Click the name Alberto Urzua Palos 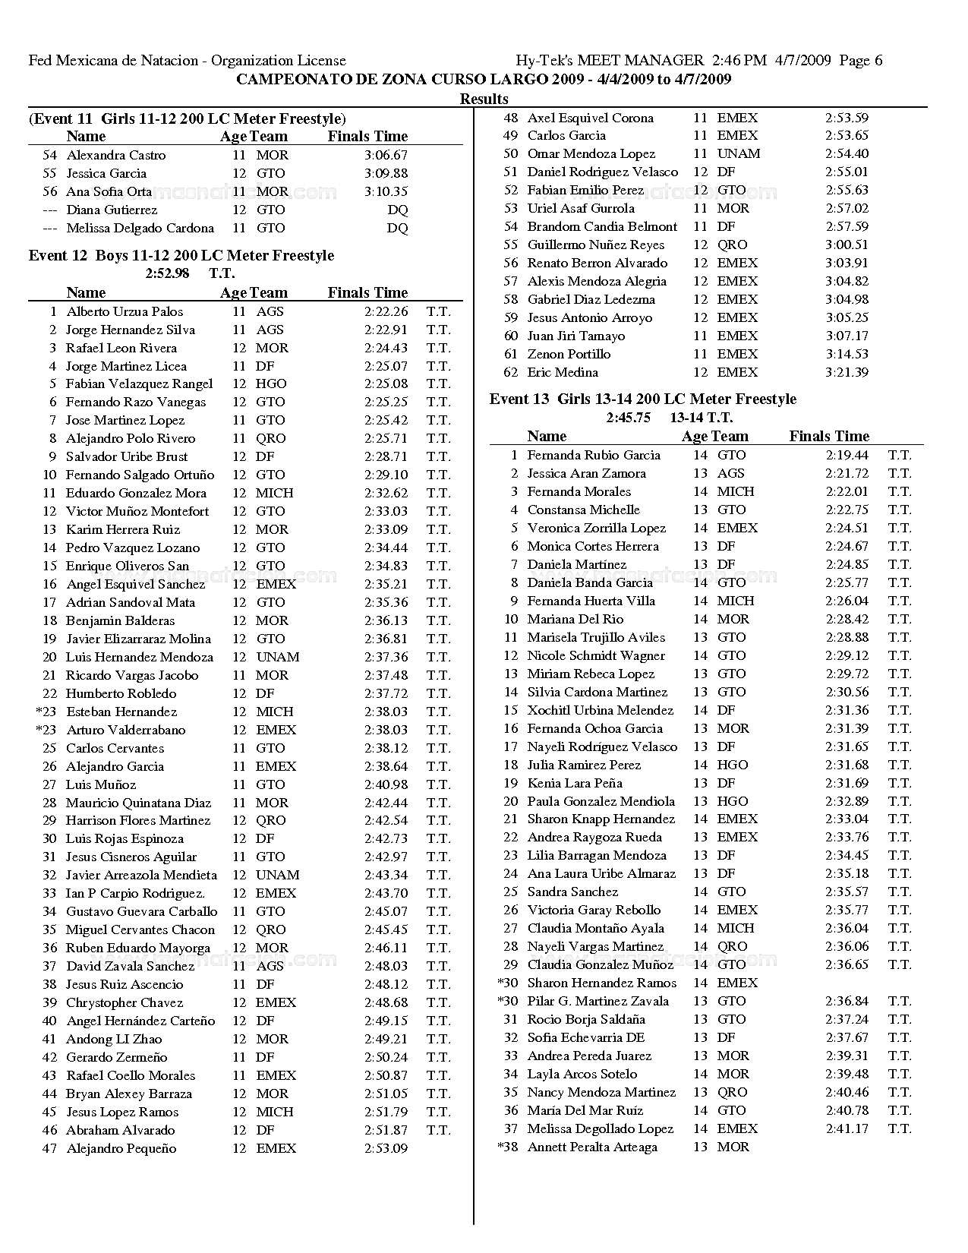pos(125,311)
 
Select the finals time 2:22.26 pos(386,311)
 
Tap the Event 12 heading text pos(181,255)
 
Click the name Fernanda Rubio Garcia pos(594,455)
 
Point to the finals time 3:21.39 pos(847,372)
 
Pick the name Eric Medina pos(563,372)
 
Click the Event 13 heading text pos(643,399)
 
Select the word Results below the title pos(484,99)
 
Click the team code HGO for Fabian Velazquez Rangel pos(271,383)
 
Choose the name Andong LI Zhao pos(114,1039)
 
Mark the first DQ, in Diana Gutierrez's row pos(397,210)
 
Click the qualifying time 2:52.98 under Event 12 pos(167,273)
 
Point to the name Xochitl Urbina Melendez pos(600,710)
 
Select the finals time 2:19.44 pos(847,455)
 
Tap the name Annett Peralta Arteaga pos(592,1147)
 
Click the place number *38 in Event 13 pos(508,1147)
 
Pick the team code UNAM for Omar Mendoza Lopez pos(738,153)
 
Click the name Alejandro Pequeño pos(121,1148)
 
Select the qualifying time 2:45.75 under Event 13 pos(628,417)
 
